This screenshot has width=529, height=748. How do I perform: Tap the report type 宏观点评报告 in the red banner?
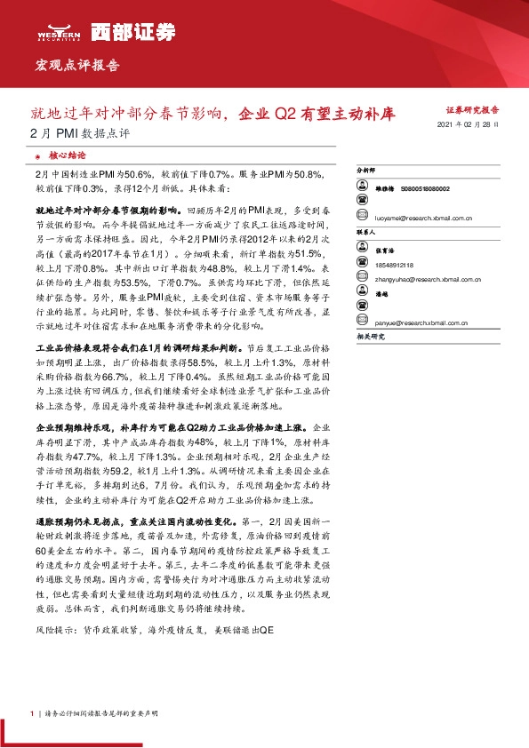[76, 66]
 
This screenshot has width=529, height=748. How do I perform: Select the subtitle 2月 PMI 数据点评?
[79, 134]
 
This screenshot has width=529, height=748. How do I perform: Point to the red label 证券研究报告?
[471, 110]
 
